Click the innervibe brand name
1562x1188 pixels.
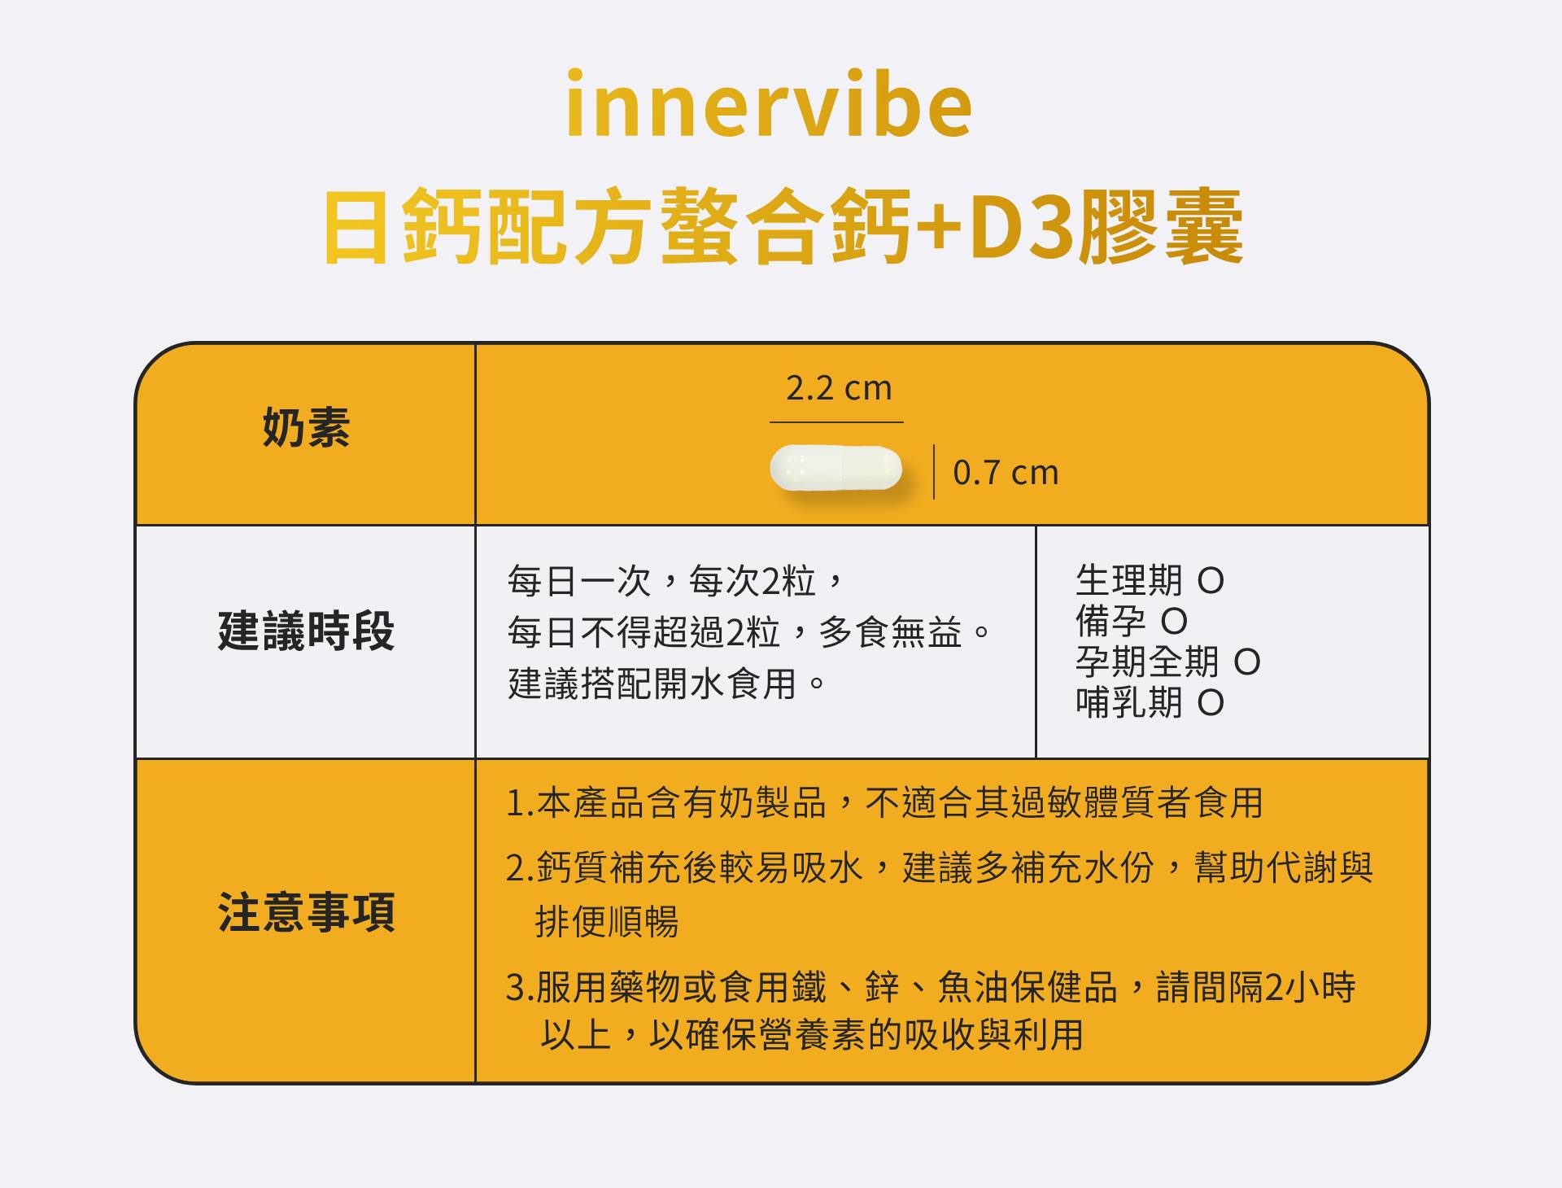(x=769, y=103)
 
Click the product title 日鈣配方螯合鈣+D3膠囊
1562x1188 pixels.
(x=783, y=226)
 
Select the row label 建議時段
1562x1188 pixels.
(x=306, y=631)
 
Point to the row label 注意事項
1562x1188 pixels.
(x=306, y=912)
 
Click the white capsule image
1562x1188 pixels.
(x=836, y=469)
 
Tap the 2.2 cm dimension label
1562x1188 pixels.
(x=839, y=388)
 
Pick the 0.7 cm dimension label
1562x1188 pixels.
(x=1006, y=473)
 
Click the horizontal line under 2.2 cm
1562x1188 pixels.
(x=836, y=422)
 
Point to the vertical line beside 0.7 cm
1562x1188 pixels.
(x=933, y=471)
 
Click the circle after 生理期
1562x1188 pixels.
(x=1211, y=581)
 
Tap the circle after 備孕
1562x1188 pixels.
(x=1174, y=622)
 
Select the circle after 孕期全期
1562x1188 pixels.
(x=1247, y=662)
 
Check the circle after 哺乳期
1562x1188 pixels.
(x=1211, y=703)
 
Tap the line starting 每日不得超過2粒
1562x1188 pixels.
(x=749, y=632)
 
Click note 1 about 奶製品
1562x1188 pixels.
(x=884, y=803)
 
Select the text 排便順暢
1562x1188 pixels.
(x=607, y=922)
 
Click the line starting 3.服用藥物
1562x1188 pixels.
(x=931, y=987)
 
